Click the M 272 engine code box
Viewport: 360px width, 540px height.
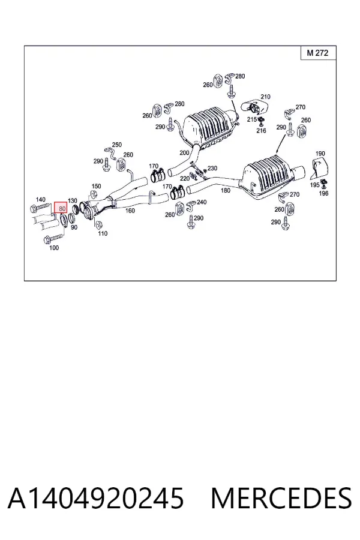tap(318, 53)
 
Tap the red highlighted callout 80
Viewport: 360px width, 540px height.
tap(61, 208)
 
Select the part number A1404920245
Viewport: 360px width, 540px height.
tap(96, 498)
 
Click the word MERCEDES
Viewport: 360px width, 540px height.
tap(281, 498)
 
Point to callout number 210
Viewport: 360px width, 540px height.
tap(265, 97)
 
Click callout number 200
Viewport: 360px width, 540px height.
tap(184, 152)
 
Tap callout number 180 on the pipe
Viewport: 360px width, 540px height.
tap(226, 190)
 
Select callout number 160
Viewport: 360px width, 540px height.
tap(130, 211)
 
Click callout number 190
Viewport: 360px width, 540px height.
tap(320, 154)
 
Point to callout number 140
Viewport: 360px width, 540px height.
tap(41, 200)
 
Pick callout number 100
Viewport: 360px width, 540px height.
tap(54, 248)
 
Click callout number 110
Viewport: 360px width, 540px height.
tap(103, 233)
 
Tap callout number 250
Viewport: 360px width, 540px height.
tap(117, 145)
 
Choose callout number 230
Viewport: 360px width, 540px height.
tap(212, 168)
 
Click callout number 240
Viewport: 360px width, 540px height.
tap(202, 202)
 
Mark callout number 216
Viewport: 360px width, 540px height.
tap(261, 131)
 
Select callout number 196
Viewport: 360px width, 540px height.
tap(323, 193)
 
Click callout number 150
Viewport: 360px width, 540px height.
tap(96, 186)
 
